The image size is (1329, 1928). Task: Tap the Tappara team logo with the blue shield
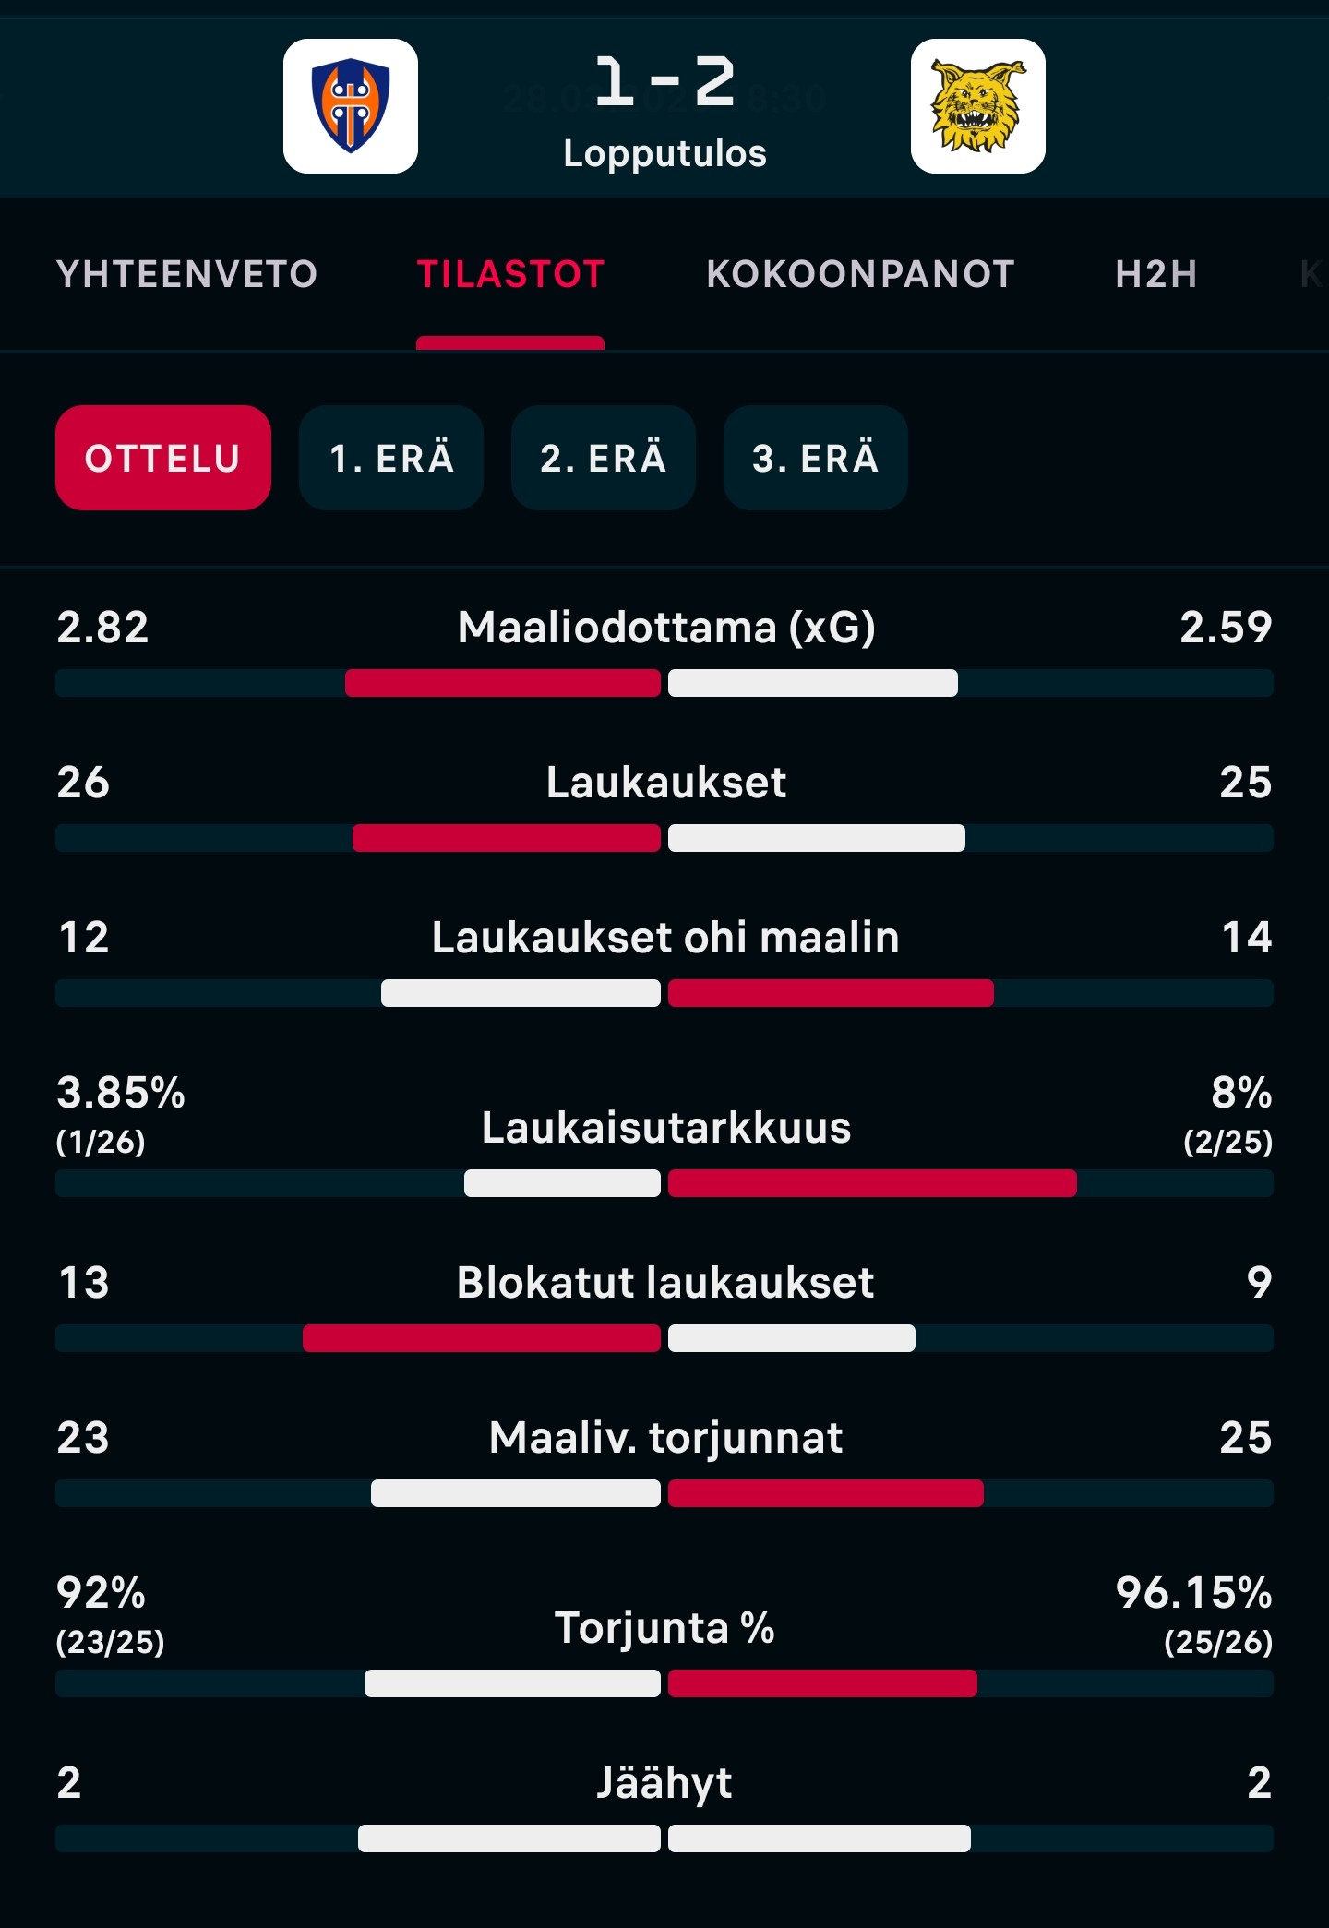[x=351, y=106]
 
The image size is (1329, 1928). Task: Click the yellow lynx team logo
[x=977, y=106]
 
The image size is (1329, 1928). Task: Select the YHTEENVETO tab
[x=187, y=274]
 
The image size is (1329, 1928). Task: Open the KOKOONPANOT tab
[x=860, y=274]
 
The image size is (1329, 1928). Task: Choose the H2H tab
[x=1155, y=274]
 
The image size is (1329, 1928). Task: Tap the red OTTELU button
[x=163, y=458]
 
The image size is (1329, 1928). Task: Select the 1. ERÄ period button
[x=391, y=458]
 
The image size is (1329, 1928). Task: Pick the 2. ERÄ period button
[x=604, y=458]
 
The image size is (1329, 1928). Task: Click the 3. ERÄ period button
[x=816, y=458]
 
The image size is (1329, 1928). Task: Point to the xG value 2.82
[x=102, y=628]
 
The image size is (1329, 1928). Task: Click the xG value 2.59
[x=1226, y=628]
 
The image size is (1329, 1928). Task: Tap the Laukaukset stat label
[x=665, y=783]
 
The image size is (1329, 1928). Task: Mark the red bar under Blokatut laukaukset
[x=481, y=1338]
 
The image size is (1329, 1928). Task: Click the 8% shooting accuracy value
[x=1240, y=1093]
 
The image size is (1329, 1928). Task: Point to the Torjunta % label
[x=664, y=1627]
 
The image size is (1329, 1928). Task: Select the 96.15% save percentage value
[x=1193, y=1593]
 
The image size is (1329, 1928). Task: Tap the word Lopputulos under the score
[x=664, y=153]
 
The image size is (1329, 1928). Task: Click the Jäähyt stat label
[x=664, y=1782]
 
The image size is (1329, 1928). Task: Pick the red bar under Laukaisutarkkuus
[x=872, y=1183]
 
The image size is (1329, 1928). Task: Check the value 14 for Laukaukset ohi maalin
[x=1246, y=938]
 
